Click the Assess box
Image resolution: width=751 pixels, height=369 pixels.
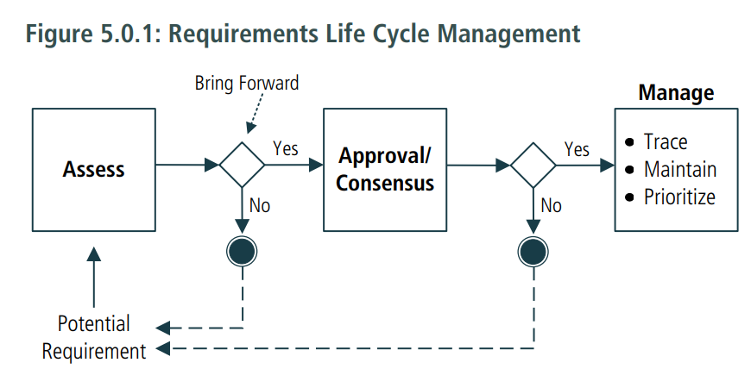click(94, 170)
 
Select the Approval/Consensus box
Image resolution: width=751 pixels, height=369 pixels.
click(385, 170)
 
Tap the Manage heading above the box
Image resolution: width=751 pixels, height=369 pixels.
click(676, 93)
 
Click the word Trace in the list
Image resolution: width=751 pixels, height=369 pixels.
click(666, 141)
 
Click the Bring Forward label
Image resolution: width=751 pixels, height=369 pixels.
click(247, 84)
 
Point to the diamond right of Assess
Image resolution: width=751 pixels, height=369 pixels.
click(242, 165)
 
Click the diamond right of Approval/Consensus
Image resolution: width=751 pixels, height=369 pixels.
click(533, 166)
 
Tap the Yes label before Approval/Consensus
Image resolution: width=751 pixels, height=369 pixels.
click(286, 148)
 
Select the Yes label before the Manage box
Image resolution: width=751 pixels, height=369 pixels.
click(577, 149)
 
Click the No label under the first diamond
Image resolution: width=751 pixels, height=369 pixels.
click(260, 206)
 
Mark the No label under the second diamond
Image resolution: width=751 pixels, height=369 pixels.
click(551, 206)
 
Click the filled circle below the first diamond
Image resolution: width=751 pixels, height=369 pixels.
click(242, 251)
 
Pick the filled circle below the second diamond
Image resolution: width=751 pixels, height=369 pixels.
click(533, 252)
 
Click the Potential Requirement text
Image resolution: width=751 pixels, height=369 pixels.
click(94, 337)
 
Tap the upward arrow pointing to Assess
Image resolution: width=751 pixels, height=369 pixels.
click(94, 277)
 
